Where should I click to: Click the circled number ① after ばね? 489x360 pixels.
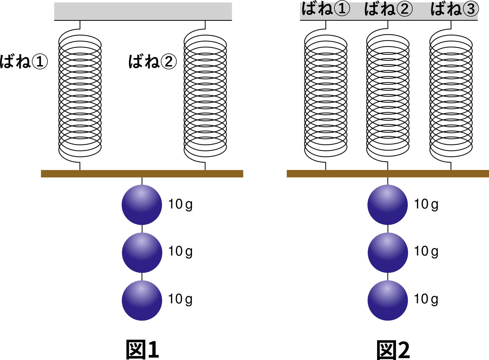(342, 9)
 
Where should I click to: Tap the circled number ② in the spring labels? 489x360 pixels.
(404, 9)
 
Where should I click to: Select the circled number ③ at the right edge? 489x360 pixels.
(471, 9)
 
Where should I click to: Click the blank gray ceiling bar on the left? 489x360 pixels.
(143, 11)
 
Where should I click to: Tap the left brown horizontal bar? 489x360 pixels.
(142, 174)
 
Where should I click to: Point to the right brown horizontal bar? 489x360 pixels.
(387, 174)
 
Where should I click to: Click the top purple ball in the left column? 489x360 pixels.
(142, 205)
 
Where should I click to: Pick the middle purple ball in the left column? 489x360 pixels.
(142, 252)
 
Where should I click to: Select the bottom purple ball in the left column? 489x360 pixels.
(142, 300)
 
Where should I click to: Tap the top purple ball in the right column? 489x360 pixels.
(387, 205)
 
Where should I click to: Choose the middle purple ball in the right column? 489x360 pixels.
(388, 252)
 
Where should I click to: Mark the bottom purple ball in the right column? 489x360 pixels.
(387, 300)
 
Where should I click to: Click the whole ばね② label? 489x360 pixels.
(388, 8)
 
